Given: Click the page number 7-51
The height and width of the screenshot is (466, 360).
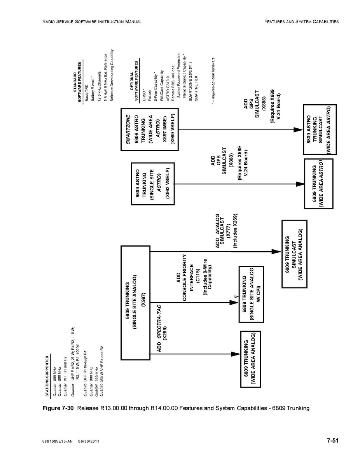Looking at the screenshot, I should point(332,441).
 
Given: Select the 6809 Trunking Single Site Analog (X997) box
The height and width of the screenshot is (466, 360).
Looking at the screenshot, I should point(135,303).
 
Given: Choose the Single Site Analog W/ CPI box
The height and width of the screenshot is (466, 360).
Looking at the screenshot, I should point(251,294).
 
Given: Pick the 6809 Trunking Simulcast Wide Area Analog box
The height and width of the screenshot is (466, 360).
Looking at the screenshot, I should point(294,254).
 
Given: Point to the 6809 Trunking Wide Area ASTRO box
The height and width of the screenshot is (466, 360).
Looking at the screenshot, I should point(318,184).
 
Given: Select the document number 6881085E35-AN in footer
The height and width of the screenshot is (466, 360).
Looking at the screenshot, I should point(57,442).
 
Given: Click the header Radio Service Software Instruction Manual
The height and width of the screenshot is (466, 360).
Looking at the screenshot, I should point(91,21).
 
